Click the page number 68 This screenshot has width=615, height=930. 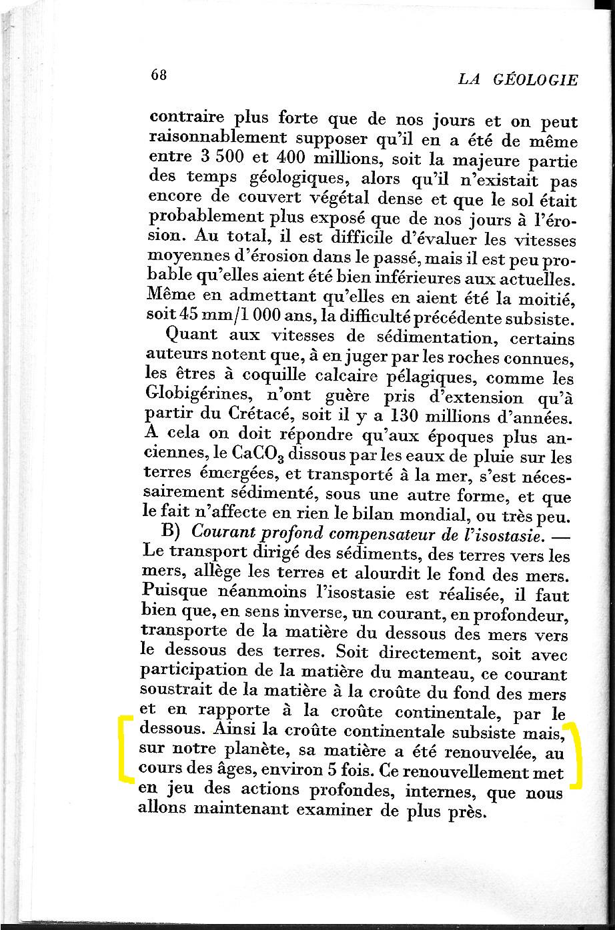click(158, 75)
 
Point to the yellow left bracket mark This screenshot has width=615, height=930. click(124, 747)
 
